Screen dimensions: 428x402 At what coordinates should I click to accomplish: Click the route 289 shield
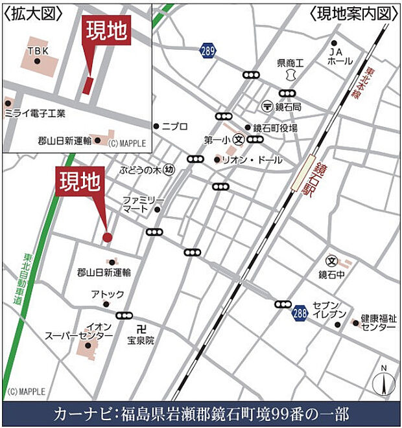207,50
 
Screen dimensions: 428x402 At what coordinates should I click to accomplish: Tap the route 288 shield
299,313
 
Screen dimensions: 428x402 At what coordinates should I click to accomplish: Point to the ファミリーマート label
145,205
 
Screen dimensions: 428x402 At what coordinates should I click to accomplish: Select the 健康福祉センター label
379,322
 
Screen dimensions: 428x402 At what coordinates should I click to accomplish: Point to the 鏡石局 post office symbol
266,106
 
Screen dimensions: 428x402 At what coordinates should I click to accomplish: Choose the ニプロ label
174,126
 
